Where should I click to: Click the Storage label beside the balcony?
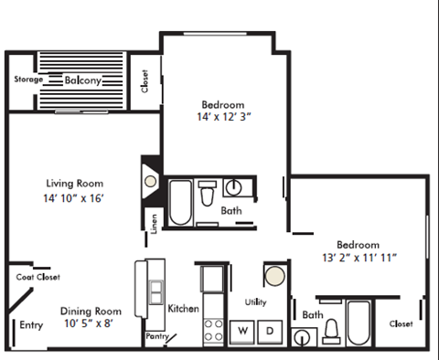27,79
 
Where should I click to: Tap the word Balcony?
82,80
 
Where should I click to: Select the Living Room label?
74,182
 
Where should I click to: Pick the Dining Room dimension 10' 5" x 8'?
91,323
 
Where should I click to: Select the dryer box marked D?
271,330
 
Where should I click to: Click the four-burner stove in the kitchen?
213,328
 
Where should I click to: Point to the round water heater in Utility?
275,274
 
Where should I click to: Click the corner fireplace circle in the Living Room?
151,181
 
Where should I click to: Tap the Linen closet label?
154,223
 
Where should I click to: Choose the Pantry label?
156,336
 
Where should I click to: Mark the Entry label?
31,324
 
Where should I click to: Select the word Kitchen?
183,309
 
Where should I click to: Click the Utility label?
255,301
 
